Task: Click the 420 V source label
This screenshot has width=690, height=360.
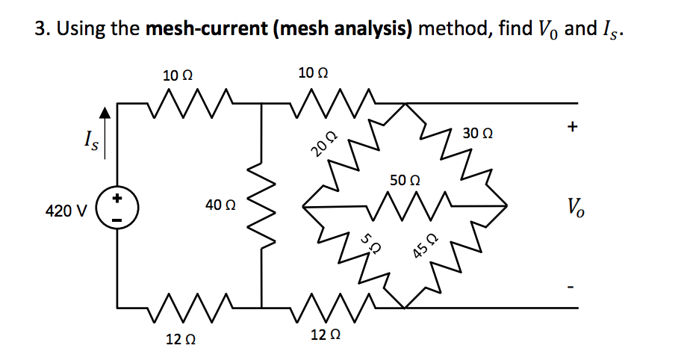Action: tap(66, 211)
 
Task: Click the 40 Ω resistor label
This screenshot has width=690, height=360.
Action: tap(220, 204)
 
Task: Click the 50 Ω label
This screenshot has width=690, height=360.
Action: tap(405, 181)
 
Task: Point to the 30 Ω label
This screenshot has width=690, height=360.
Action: tap(477, 134)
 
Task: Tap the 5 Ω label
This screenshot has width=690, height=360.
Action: tap(368, 243)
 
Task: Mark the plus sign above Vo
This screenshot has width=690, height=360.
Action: tap(572, 128)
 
